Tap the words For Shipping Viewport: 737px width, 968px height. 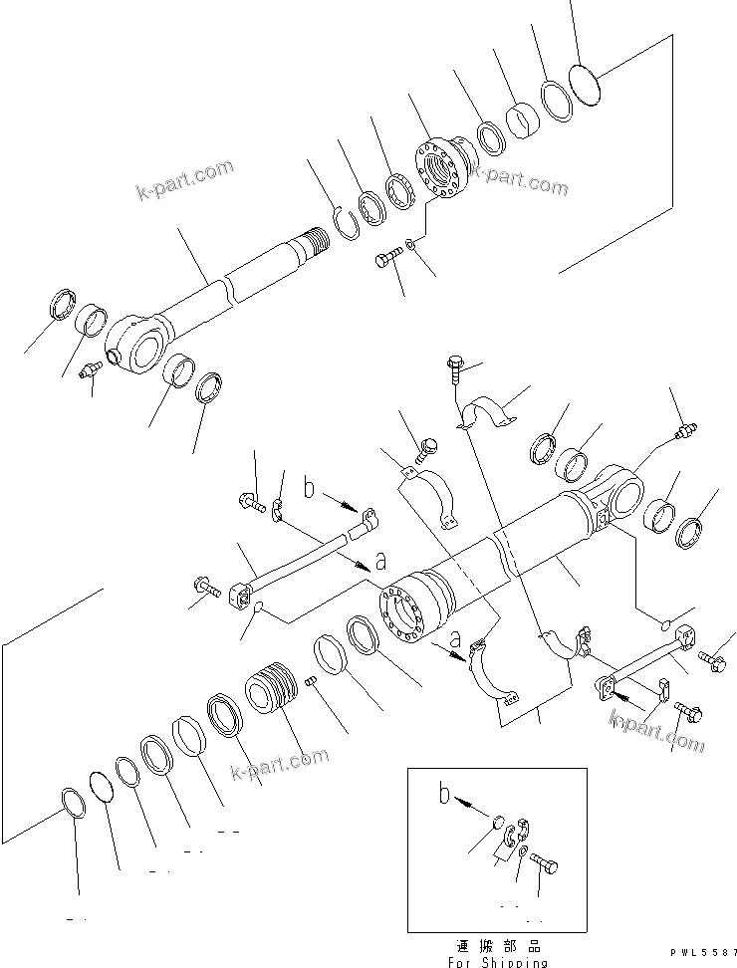[496, 962]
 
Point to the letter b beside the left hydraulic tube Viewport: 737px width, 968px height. [310, 490]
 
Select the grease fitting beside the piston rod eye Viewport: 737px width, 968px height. [89, 370]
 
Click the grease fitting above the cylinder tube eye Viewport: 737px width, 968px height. [685, 432]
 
